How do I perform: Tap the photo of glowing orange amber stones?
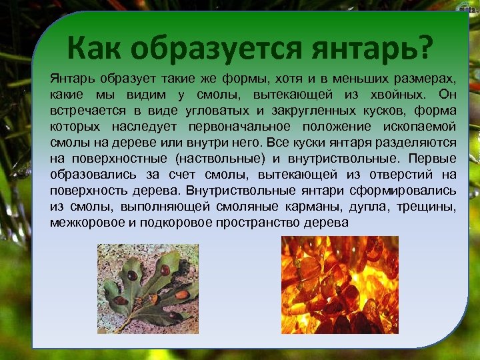[x=339, y=285]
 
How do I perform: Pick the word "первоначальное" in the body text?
[x=244, y=127]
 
